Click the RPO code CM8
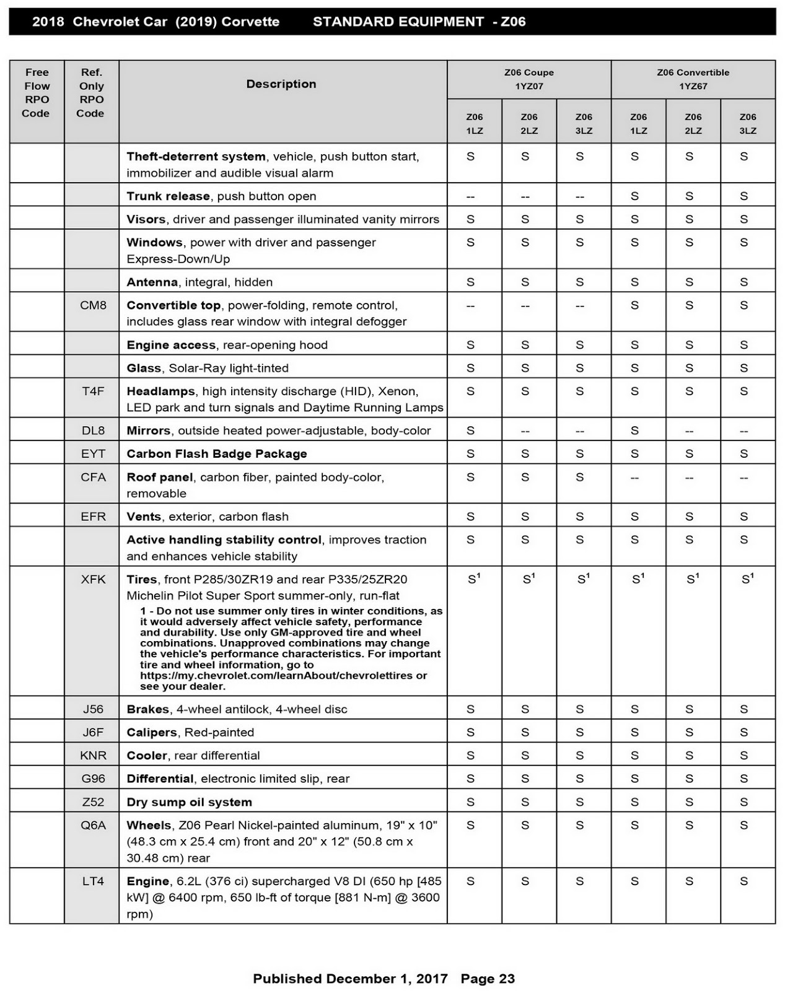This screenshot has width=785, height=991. (93, 305)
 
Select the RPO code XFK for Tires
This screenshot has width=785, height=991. (93, 580)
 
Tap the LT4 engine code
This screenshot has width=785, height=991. (93, 881)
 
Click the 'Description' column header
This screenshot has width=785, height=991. (281, 84)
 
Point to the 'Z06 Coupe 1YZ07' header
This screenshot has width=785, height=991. (528, 79)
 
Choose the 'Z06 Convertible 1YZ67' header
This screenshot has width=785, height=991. (693, 79)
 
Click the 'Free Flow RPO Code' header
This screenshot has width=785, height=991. (37, 93)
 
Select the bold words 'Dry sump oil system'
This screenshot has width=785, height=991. (189, 802)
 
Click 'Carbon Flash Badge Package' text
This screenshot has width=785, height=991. (217, 454)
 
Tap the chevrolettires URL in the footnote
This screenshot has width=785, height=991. (283, 676)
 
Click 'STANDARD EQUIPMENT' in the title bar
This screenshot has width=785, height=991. (398, 22)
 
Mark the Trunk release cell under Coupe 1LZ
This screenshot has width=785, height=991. (470, 197)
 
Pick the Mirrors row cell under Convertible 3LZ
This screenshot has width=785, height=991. (743, 431)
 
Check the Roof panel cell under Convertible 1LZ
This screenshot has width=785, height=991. (634, 478)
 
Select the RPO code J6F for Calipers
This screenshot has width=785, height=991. (93, 732)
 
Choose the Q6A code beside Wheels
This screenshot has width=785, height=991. (93, 825)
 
